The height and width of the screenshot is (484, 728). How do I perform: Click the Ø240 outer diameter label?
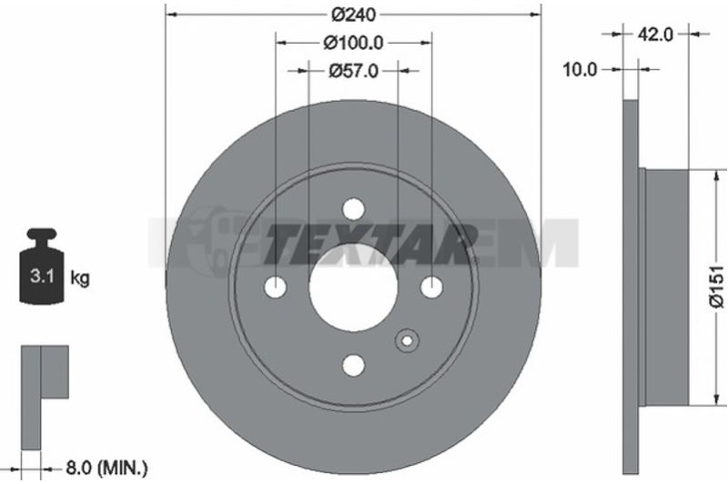(x=353, y=15)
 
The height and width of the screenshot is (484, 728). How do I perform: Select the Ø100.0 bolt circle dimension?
(x=353, y=43)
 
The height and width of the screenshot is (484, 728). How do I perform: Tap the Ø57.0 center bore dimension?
(x=353, y=71)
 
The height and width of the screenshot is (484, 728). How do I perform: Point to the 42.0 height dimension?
(x=655, y=34)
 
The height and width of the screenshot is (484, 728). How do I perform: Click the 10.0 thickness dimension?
(x=580, y=70)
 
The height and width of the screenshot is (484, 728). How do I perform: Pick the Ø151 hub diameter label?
(x=717, y=287)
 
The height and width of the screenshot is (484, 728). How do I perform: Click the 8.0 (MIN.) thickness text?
(x=106, y=468)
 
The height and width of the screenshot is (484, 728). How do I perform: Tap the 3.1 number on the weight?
(x=42, y=277)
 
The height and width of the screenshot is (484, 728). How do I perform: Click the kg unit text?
(x=79, y=278)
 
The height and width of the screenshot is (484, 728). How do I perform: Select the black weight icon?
(x=41, y=266)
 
